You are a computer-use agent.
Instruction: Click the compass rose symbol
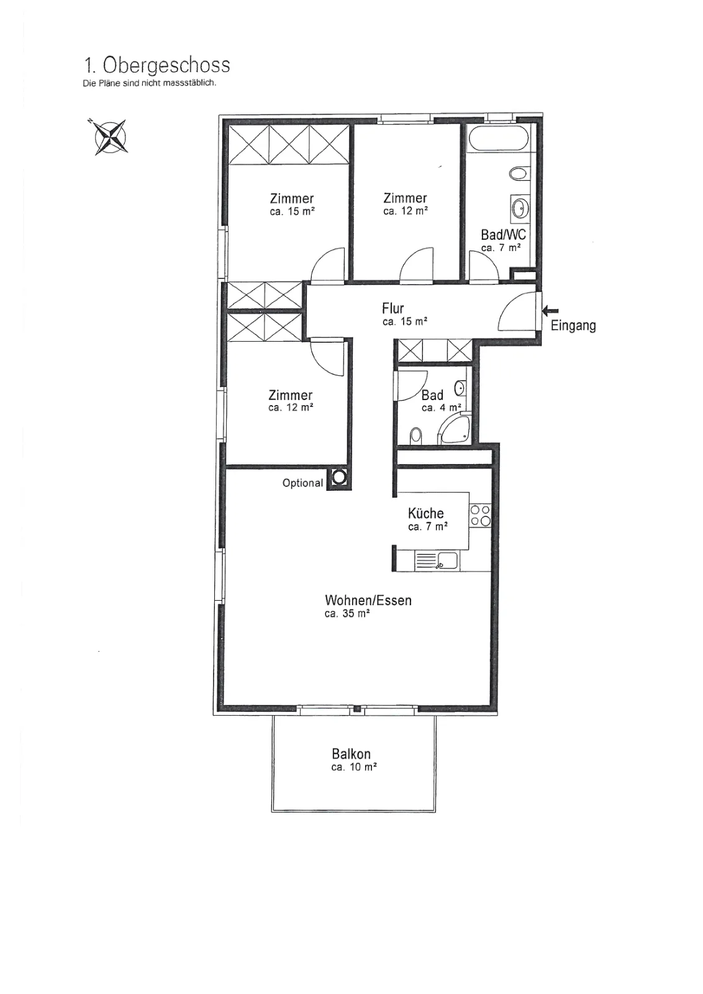point(111,137)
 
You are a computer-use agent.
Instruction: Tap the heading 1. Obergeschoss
point(157,65)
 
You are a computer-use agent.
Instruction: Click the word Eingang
point(573,326)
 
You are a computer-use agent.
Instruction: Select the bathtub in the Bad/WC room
point(499,138)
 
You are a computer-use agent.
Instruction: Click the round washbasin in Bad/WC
point(520,207)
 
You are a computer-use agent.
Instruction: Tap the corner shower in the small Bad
point(454,429)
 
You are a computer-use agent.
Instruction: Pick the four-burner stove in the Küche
point(480,515)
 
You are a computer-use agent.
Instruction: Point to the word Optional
point(302,483)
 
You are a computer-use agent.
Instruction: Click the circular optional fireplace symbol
point(339,478)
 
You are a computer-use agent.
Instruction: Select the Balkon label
point(351,754)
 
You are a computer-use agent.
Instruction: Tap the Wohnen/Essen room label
point(368,600)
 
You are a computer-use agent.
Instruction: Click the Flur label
point(393,308)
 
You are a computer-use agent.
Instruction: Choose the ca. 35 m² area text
point(347,614)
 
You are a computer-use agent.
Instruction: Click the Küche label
point(426,513)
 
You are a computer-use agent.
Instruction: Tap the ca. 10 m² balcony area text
point(354,767)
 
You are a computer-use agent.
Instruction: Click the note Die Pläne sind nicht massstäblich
point(150,83)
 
